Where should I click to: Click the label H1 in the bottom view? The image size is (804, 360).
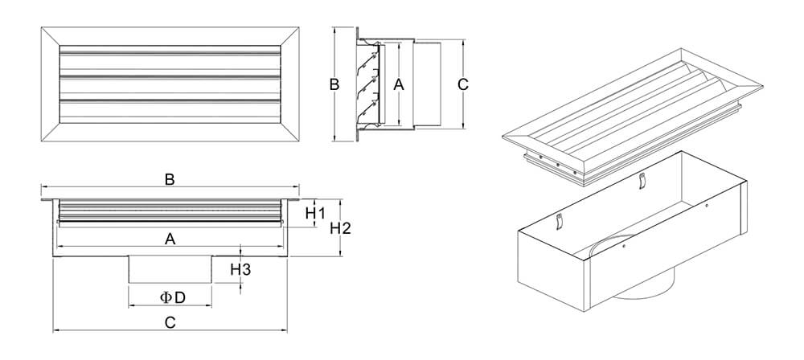click(315, 214)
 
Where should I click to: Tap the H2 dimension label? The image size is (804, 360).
click(341, 229)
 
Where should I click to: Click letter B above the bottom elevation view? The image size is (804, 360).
click(170, 180)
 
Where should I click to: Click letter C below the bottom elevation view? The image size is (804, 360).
click(170, 322)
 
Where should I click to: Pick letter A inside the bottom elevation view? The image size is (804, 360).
click(170, 238)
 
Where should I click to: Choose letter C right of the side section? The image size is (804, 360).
click(462, 84)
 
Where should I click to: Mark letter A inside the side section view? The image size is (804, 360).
click(397, 84)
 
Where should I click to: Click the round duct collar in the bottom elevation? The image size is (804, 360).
click(170, 269)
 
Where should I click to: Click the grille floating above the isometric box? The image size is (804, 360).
click(635, 112)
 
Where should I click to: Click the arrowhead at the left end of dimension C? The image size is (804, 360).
click(55, 330)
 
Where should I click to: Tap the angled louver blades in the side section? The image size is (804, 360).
click(370, 84)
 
